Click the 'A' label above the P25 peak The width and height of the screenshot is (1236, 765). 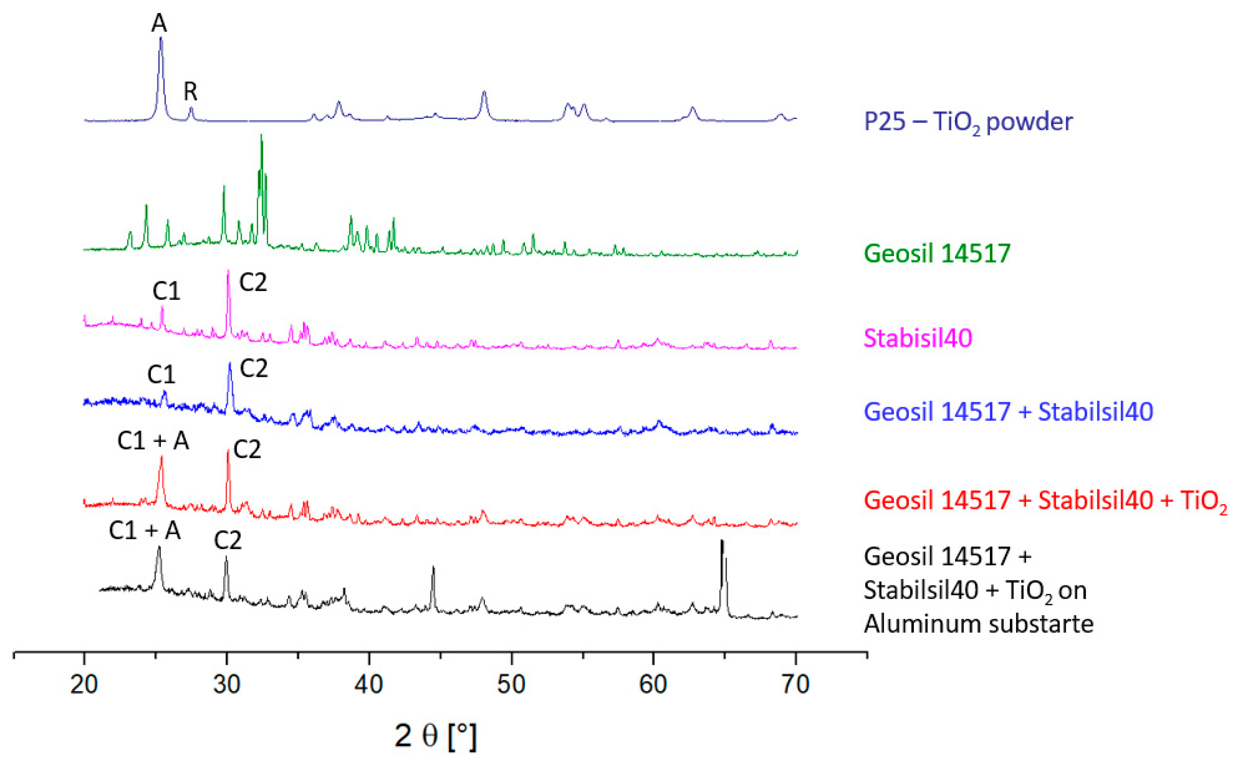(159, 23)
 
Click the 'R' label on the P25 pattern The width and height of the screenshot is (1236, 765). (190, 92)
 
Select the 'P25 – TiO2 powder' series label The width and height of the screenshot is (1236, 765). (968, 122)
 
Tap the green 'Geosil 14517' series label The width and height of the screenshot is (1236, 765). (937, 254)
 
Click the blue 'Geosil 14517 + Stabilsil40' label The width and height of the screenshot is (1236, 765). (1008, 411)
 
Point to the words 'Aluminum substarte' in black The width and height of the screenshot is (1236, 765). (978, 624)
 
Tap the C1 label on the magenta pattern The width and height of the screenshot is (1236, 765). (166, 291)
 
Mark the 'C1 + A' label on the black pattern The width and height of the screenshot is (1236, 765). (145, 531)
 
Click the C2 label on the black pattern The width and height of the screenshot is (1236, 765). (228, 541)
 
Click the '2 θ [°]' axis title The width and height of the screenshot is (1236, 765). (436, 736)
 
